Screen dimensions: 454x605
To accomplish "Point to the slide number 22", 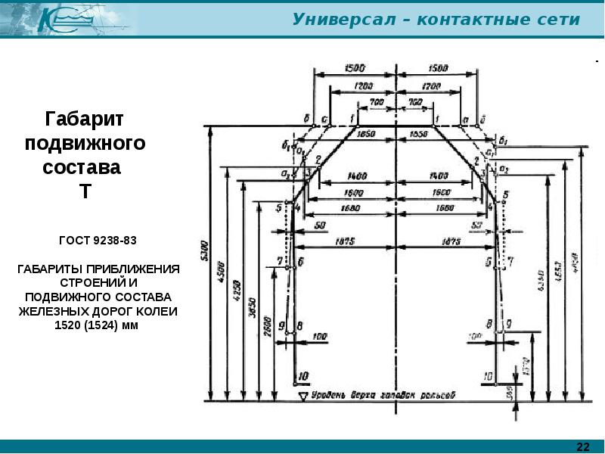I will tap(583, 445).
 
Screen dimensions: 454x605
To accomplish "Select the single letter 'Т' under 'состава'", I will tap(85, 191).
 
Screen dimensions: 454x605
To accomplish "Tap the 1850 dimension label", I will tap(367, 133).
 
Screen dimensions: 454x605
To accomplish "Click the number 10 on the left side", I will tap(305, 376).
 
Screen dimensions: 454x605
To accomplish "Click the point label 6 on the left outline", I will tap(302, 263).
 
